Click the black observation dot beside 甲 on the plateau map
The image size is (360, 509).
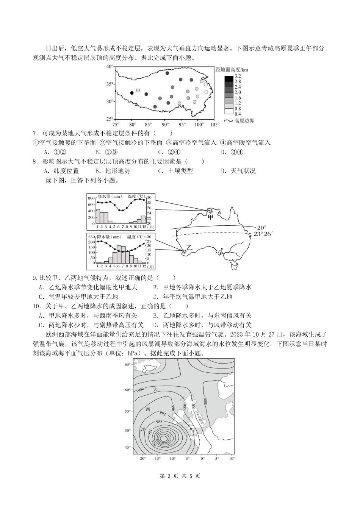point(132,93)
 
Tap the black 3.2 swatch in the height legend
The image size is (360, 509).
point(229,79)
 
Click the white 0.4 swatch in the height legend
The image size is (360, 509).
point(229,111)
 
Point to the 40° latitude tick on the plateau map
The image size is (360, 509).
point(110,67)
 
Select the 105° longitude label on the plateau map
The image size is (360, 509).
point(214,124)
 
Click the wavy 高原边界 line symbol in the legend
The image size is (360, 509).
point(228,121)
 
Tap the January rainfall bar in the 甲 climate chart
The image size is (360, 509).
point(97,216)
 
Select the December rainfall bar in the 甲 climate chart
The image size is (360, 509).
point(143,220)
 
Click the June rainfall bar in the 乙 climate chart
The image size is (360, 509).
point(119,254)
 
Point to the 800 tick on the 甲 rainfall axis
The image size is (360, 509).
point(91,198)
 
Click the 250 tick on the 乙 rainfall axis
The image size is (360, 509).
point(91,237)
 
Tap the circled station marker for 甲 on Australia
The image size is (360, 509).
point(206,212)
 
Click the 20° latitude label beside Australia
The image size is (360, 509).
point(261,227)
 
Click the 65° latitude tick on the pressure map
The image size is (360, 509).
point(127,365)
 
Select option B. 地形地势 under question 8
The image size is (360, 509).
point(113,171)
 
